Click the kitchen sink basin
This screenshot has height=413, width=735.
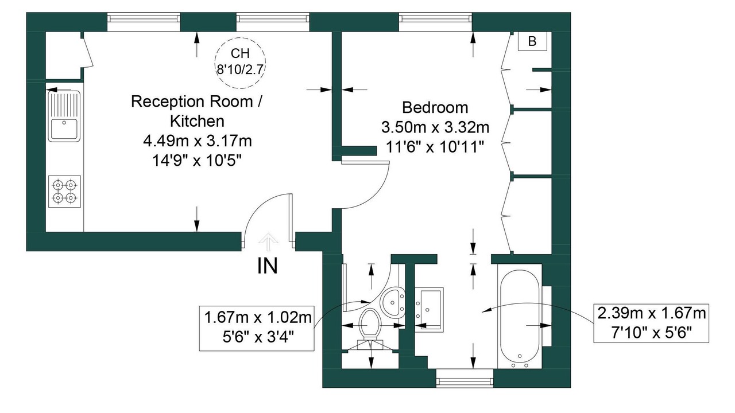coord(64,129)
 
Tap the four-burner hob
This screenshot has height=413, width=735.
coord(64,192)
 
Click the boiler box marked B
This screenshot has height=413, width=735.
coord(532,41)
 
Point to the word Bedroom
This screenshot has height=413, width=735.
coord(435,107)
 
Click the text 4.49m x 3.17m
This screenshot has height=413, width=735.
coord(198,141)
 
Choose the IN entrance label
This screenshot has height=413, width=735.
coord(268,266)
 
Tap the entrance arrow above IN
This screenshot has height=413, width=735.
coord(268,242)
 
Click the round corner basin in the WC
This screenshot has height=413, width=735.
coord(392,302)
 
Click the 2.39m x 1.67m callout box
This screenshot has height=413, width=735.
coord(651,324)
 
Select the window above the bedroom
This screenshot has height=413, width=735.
coord(435,22)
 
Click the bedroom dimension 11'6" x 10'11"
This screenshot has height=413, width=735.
coord(435,147)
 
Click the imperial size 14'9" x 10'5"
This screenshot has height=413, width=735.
coord(197,161)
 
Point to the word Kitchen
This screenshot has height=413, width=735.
coord(198,121)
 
